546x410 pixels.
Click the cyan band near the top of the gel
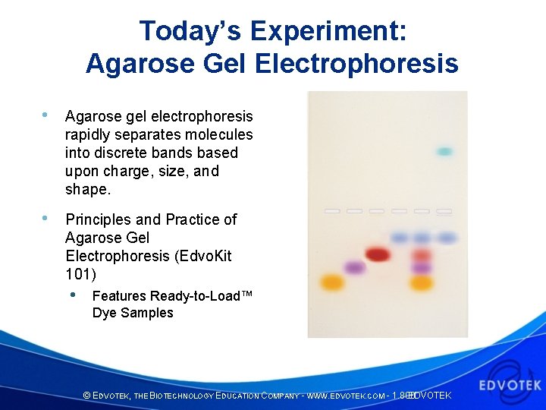[444, 152]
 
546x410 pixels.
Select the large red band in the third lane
[377, 254]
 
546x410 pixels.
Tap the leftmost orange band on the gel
[331, 282]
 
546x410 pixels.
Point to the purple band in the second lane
[354, 267]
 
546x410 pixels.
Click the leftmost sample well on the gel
[331, 210]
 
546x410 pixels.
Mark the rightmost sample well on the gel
[444, 210]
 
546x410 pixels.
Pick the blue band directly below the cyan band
[446, 238]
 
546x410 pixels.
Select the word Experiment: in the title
[328, 31]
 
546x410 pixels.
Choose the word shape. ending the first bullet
[88, 189]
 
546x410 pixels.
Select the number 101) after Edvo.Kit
[80, 274]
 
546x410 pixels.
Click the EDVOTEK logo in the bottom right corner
[509, 380]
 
